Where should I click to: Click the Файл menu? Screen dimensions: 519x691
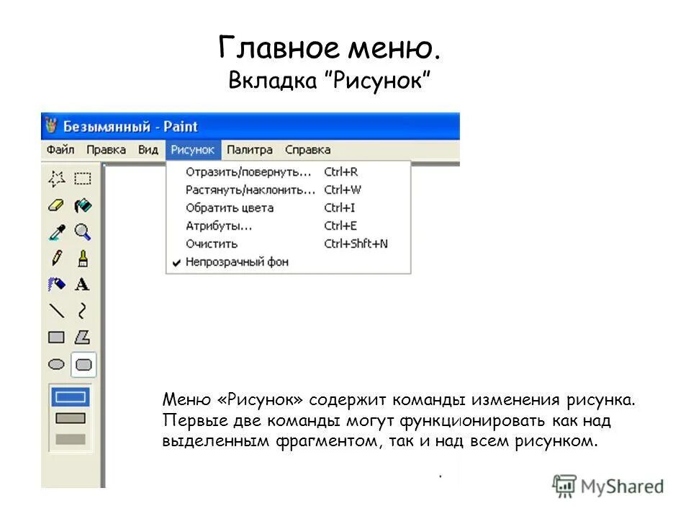(x=60, y=150)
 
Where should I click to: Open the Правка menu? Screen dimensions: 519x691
(x=106, y=150)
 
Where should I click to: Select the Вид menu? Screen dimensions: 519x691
(x=148, y=150)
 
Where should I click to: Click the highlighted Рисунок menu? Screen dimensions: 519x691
(x=193, y=150)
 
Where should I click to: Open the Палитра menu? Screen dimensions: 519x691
(x=249, y=150)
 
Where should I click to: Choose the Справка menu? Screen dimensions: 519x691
(x=307, y=150)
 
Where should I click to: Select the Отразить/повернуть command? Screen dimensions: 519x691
(x=248, y=172)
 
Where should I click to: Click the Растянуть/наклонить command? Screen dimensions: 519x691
(x=250, y=190)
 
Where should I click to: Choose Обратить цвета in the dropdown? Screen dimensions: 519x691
(x=229, y=208)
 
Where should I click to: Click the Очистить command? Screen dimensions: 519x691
(x=211, y=244)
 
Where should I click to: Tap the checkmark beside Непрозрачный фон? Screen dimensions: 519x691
(x=176, y=262)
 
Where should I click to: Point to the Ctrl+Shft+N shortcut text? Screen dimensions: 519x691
(x=356, y=244)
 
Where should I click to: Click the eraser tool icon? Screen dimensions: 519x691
(x=56, y=205)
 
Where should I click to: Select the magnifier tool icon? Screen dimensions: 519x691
(x=83, y=231)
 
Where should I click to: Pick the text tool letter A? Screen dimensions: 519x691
(x=83, y=284)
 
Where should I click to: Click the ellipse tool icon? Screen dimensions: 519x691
(x=56, y=364)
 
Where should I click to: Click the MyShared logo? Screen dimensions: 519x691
(x=608, y=486)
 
